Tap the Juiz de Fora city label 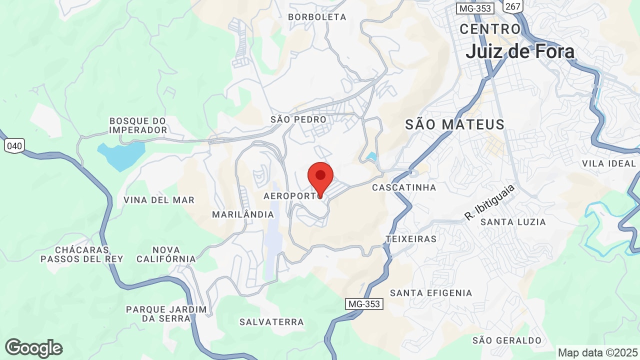(519, 51)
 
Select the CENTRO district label (490, 29)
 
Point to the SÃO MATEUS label (454, 124)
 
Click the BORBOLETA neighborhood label (317, 17)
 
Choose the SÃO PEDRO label (298, 119)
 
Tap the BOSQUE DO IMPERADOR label (138, 125)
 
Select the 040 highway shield (14, 145)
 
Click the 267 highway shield (513, 6)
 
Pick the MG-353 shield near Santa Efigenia (364, 303)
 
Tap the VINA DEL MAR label (159, 200)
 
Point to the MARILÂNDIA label (243, 214)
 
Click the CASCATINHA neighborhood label (404, 187)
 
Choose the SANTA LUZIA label (513, 222)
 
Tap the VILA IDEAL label (608, 163)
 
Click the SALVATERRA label (271, 322)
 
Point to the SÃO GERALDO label (507, 340)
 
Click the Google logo (33, 348)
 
